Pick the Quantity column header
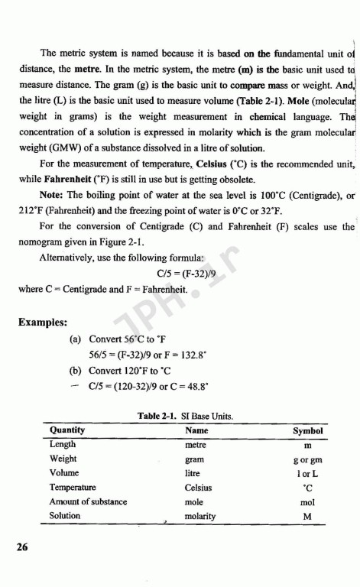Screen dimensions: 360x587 tap(71, 430)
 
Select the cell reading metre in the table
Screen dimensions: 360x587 tap(197, 444)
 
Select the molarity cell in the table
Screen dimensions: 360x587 tap(200, 516)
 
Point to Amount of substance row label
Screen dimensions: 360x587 tap(88, 501)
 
